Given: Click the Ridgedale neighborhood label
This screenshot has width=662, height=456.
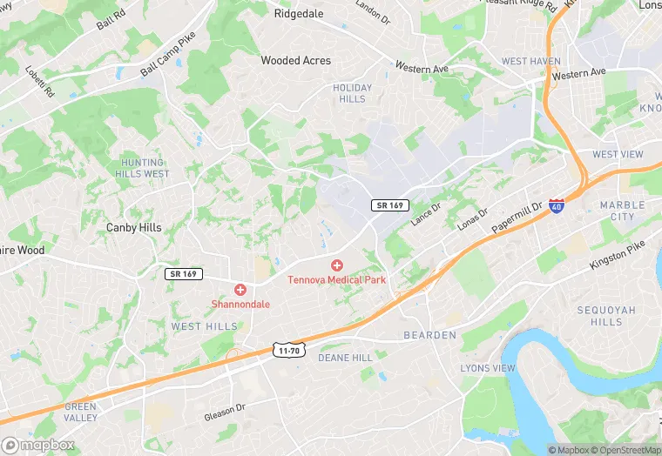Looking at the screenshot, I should (300, 14).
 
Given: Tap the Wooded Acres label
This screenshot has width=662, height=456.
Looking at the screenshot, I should (296, 61).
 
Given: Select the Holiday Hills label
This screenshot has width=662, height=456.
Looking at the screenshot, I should (352, 93).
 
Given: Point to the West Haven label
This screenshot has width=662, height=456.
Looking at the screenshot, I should (531, 62).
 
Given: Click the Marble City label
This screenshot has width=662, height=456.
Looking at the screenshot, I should (623, 211).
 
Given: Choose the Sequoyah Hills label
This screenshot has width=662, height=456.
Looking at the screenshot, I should (606, 316).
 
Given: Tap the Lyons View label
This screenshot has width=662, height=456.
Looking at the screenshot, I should (488, 369).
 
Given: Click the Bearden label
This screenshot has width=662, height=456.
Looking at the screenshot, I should (430, 335).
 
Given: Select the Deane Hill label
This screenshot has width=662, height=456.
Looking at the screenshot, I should (345, 358).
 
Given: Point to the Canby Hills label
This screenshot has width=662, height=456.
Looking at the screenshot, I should (134, 227).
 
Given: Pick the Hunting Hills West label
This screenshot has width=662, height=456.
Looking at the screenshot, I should (143, 168).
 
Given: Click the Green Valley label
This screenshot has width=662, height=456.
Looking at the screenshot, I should (81, 412).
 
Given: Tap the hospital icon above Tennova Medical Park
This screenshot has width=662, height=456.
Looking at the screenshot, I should (337, 265).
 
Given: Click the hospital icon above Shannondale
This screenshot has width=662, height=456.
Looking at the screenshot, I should (240, 289).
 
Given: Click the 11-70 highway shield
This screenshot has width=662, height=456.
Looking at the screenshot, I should (288, 350).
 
